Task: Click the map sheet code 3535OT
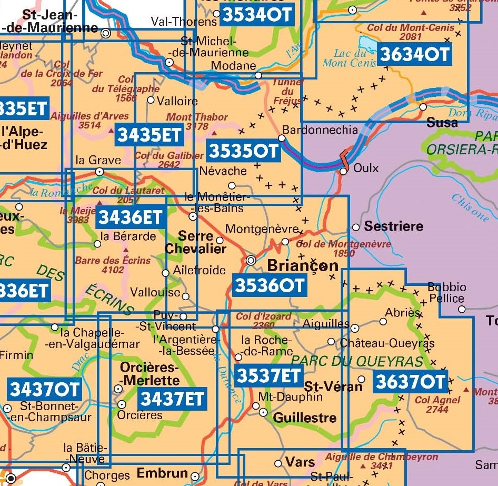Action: click(x=243, y=151)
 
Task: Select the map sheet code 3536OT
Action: click(x=269, y=285)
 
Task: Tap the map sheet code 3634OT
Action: click(x=414, y=54)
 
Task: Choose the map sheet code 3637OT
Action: click(x=410, y=382)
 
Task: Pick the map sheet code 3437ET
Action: click(x=172, y=399)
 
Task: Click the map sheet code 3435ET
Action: click(x=150, y=135)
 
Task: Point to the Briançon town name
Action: click(x=303, y=265)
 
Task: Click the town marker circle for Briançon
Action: click(x=252, y=260)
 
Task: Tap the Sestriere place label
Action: click(x=393, y=226)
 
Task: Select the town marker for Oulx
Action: click(x=343, y=171)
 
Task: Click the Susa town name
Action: click(x=442, y=122)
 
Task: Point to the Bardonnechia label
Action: click(x=320, y=130)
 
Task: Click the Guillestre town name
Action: click(x=305, y=418)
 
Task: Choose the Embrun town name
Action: click(x=162, y=473)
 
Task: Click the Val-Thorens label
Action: click(x=183, y=22)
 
